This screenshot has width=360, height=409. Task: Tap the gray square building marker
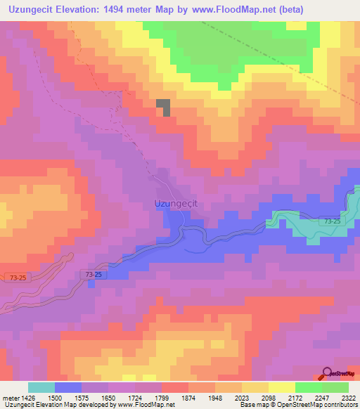pos(163,107)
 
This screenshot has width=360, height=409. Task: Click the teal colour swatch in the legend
pos(41,387)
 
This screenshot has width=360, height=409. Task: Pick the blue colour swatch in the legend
pos(67,387)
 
